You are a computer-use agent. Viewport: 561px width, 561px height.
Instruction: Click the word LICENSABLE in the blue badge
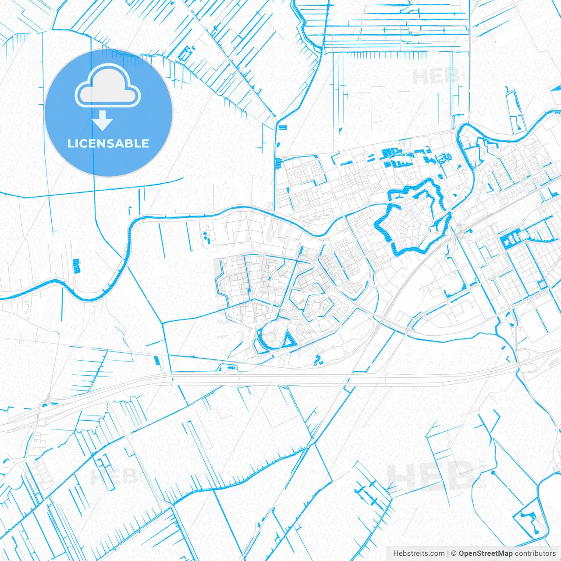tap(108, 143)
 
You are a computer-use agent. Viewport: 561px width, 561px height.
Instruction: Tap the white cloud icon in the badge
tap(108, 86)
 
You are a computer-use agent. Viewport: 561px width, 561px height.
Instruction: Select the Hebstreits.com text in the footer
tap(419, 554)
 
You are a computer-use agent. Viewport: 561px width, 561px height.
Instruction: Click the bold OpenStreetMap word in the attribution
tap(486, 554)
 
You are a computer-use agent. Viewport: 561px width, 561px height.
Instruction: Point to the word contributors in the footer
tap(535, 554)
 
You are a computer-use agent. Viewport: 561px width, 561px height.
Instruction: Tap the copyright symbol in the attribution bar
tap(454, 554)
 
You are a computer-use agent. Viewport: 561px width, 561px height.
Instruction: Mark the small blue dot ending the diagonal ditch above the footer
tap(493, 473)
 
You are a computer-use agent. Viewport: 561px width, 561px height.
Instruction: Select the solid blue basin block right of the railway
tap(508, 239)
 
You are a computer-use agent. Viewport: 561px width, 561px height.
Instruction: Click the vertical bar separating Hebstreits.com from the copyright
tap(447, 554)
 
